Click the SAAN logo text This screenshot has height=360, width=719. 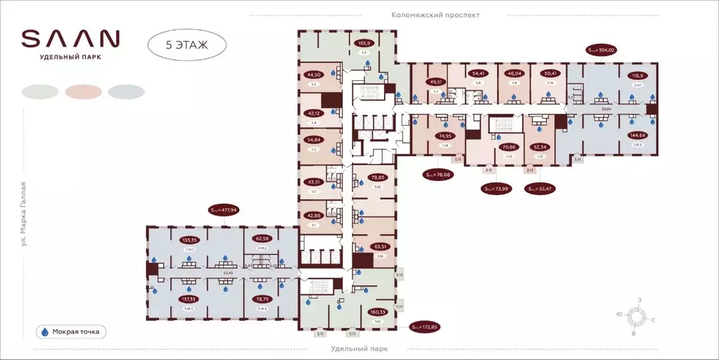coord(70,38)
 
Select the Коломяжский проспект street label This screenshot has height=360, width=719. coord(435,15)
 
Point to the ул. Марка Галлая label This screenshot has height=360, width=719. coord(24,214)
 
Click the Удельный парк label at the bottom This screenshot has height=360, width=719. coord(359,349)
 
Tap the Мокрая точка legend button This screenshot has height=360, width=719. coord(70,331)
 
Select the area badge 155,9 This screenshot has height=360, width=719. coord(364,42)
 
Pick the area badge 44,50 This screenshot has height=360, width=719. coord(313,74)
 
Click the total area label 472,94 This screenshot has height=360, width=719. coord(224,209)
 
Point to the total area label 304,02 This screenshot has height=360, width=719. coord(602,50)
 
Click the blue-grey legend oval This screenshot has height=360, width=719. coord(126,91)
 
